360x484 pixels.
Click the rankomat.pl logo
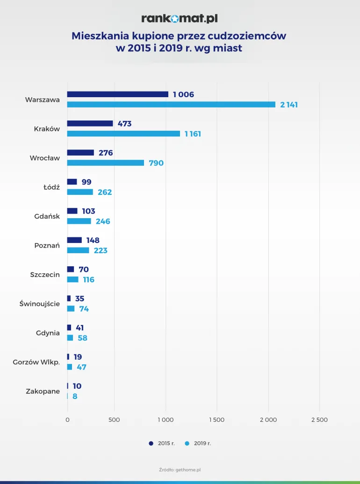180,18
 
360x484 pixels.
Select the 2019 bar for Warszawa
171,105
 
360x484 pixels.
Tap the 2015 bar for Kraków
90,123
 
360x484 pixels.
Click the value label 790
156,163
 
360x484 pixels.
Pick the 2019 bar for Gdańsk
79,221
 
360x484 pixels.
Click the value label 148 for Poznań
93,241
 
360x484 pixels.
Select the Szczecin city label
45,275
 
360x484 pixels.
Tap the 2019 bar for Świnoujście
71,309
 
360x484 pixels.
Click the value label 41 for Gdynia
80,328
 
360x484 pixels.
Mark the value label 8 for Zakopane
75,396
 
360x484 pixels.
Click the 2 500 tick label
319,420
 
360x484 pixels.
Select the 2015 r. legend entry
162,443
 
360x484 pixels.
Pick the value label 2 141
289,105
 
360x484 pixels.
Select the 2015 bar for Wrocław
80,153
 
